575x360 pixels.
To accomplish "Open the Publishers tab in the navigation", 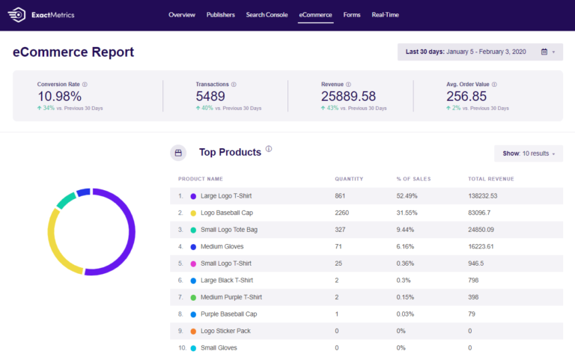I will pos(220,15).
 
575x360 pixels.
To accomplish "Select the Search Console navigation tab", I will pos(267,15).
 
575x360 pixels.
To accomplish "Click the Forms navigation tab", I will pos(352,15).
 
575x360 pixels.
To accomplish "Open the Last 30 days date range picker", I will pos(480,52).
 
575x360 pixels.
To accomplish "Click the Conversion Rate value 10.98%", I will pos(59,96).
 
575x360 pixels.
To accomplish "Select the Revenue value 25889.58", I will pos(348,96).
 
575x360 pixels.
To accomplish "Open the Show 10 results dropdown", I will pos(529,153).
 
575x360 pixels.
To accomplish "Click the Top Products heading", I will pos(230,152).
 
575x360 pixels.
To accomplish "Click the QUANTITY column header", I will pos(349,179).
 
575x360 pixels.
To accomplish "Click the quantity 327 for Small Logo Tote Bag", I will pos(341,230).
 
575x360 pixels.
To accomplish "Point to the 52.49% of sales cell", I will pos(407,196).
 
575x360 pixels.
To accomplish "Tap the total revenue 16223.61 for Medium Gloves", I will pos(483,246).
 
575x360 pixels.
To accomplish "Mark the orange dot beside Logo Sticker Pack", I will pos(193,331).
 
